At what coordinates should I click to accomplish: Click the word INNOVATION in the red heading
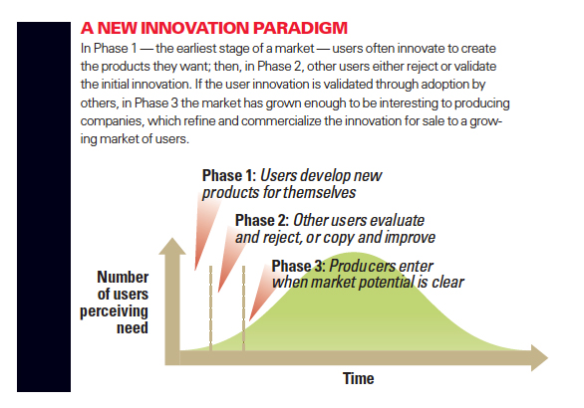195,28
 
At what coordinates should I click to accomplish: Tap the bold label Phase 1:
229,175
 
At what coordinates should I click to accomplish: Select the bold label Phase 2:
262,221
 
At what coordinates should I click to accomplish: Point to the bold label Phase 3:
299,267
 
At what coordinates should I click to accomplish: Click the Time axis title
359,378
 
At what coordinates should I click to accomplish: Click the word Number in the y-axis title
123,277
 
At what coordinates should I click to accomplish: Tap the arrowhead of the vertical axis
172,246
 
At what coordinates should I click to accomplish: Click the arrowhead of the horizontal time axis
539,358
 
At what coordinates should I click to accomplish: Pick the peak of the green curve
362,253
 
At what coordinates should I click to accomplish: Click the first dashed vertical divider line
211,307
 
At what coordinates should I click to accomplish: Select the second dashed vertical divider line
243,307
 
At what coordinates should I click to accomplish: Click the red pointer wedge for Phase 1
205,231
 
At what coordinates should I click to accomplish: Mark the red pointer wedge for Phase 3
261,294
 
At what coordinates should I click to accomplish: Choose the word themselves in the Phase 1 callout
319,193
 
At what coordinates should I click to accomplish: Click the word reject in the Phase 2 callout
282,238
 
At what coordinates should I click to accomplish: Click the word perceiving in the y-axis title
114,311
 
